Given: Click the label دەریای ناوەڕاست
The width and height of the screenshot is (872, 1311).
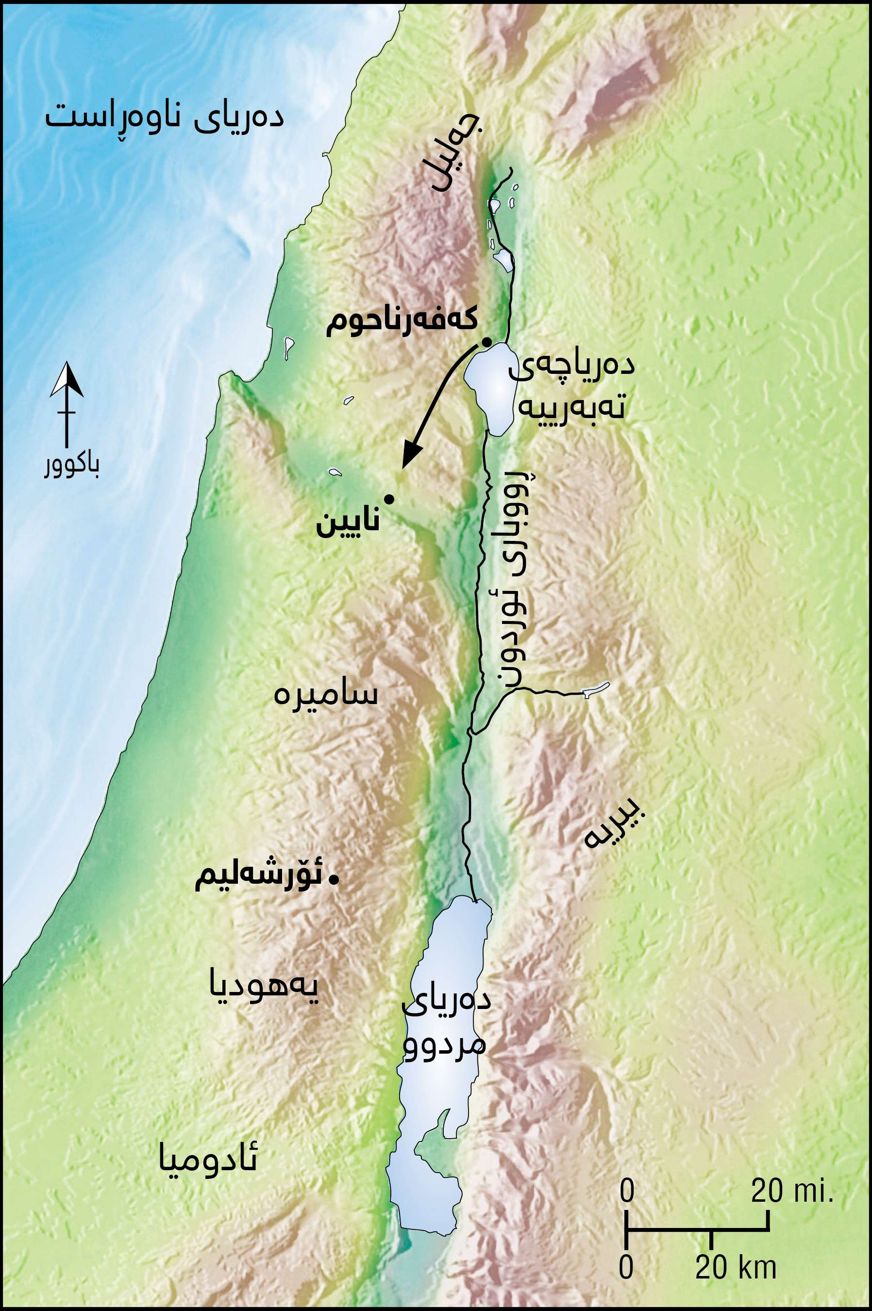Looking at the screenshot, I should point(165,118).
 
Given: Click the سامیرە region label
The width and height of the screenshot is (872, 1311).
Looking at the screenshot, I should point(326,694).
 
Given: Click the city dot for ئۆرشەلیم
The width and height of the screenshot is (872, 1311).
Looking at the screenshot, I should point(334,879).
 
